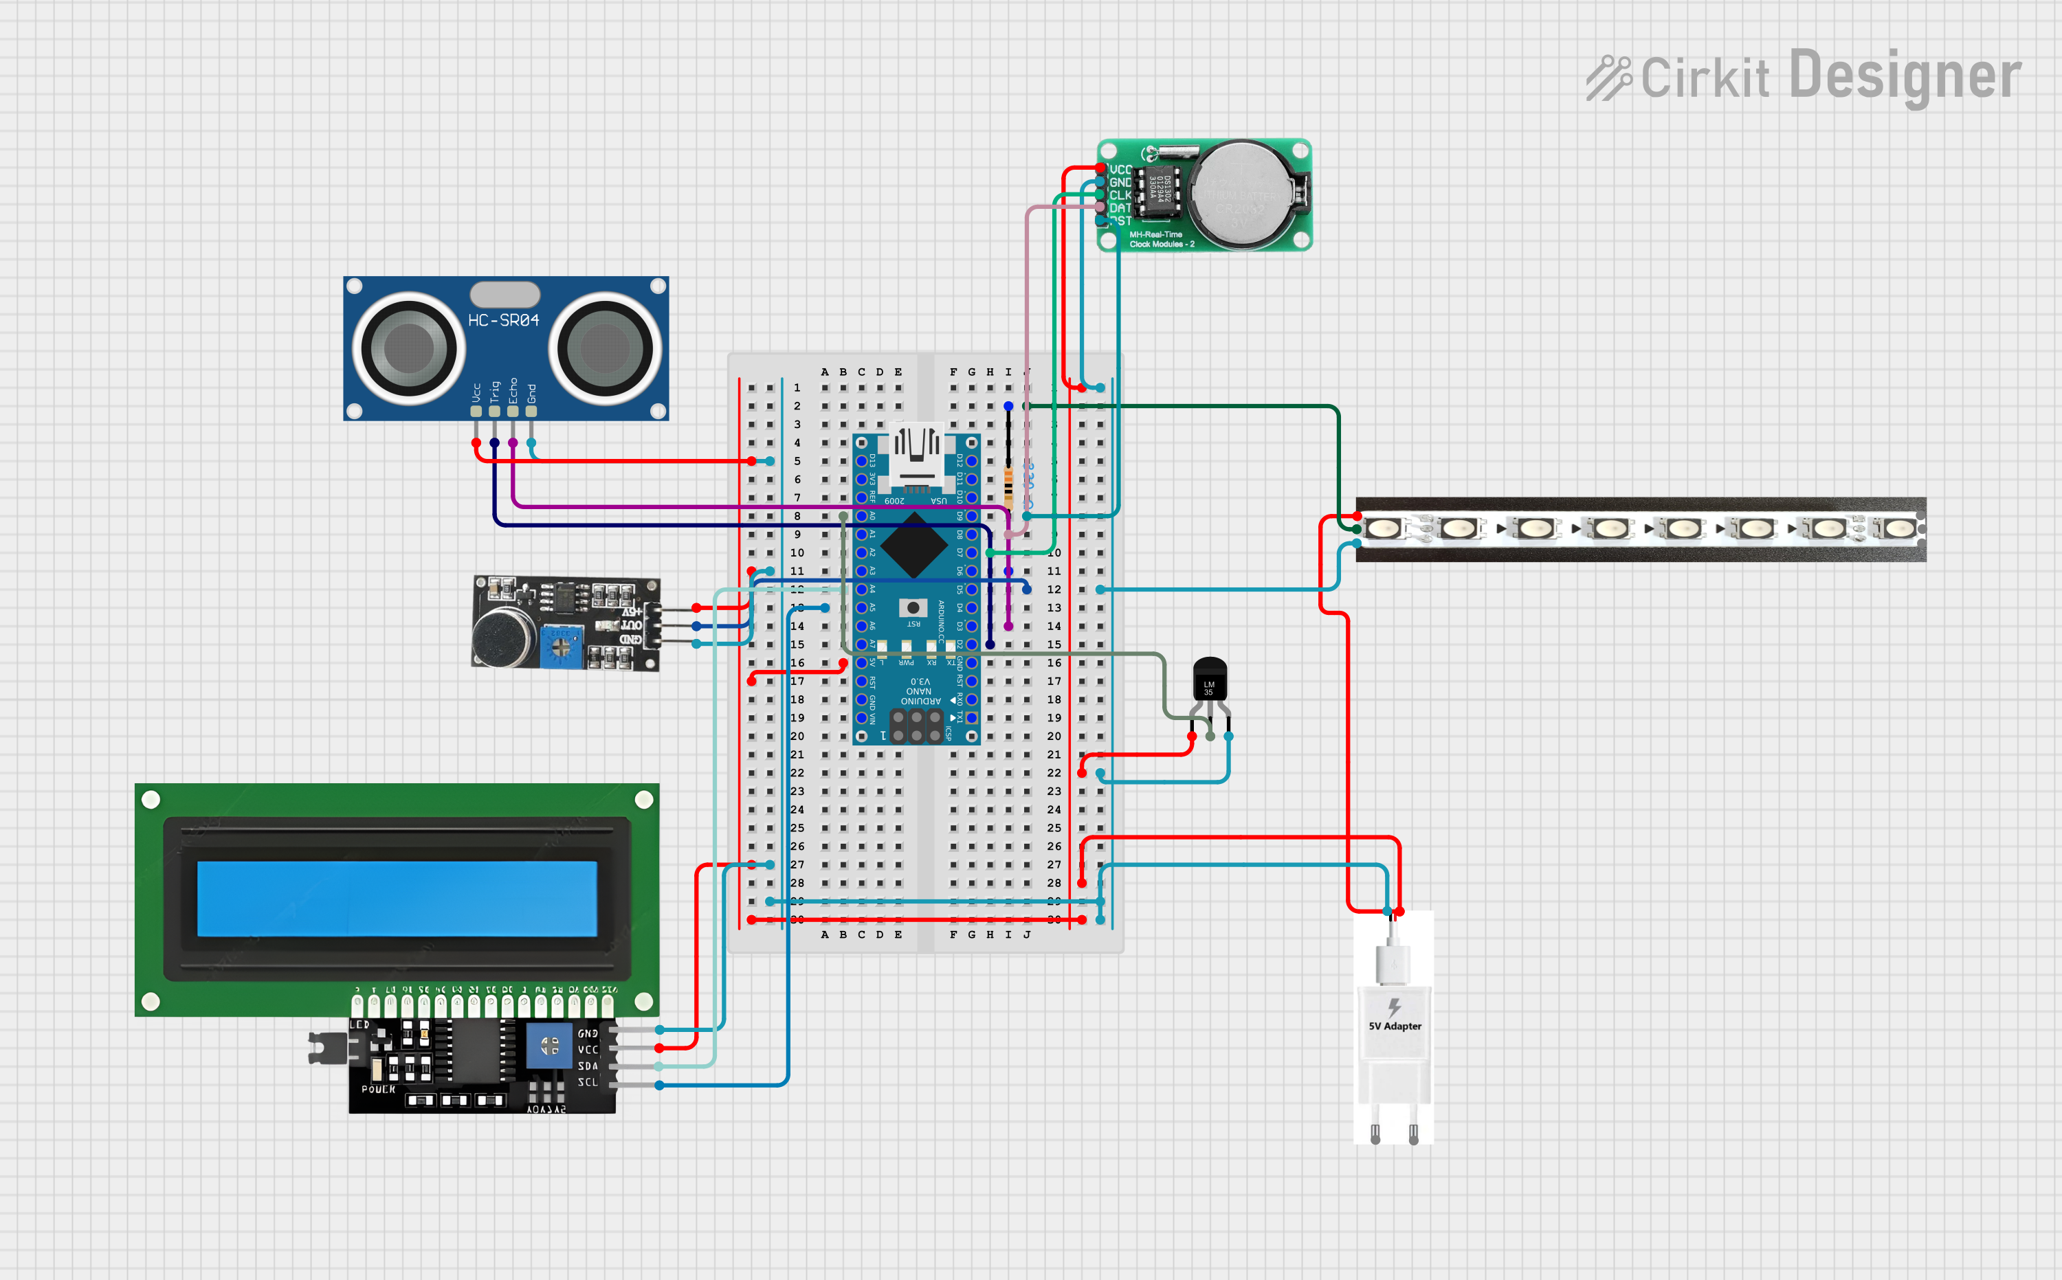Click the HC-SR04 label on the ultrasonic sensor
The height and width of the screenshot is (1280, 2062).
click(x=503, y=321)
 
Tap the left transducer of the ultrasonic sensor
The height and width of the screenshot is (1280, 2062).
click(x=408, y=347)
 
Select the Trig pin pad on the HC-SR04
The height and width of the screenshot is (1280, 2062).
click(x=495, y=412)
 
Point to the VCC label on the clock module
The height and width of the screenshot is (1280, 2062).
click(x=1120, y=169)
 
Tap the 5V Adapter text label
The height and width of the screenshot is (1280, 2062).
click(x=1395, y=1026)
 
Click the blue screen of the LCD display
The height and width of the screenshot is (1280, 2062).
click(x=397, y=898)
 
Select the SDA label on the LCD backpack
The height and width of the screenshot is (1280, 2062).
click(x=588, y=1066)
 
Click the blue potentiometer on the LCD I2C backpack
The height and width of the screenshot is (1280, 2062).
click(x=548, y=1046)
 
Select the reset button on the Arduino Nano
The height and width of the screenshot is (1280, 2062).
click(x=913, y=607)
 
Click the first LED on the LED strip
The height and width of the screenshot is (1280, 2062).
click(x=1384, y=528)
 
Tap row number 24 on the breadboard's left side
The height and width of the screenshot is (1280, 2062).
click(x=797, y=809)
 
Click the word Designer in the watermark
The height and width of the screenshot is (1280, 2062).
click(x=1905, y=76)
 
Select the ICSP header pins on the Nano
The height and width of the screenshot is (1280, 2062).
click(x=916, y=726)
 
